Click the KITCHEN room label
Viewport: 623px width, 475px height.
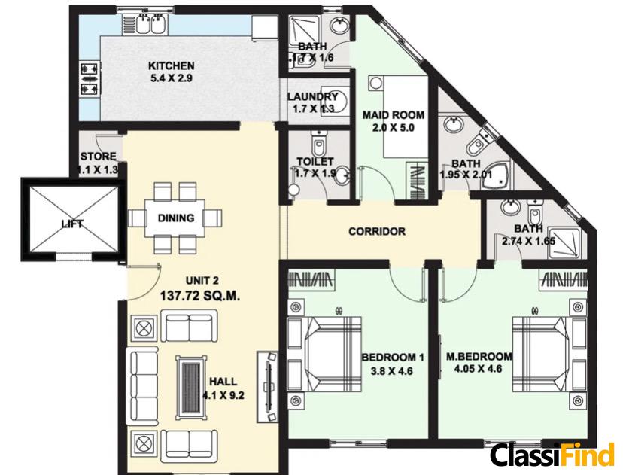[x=172, y=65]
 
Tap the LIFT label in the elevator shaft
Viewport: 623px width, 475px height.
[x=72, y=224]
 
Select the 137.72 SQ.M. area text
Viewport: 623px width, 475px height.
[x=200, y=296]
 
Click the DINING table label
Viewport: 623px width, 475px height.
[x=176, y=218]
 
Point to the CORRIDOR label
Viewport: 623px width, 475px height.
[x=377, y=231]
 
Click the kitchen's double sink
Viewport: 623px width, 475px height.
[x=150, y=24]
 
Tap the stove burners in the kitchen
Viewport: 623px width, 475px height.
[x=90, y=79]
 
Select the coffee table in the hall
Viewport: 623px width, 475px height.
[x=192, y=387]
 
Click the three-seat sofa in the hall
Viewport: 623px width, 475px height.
[x=143, y=386]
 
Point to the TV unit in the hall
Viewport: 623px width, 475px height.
[x=267, y=387]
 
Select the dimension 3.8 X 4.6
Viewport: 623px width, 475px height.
[x=392, y=371]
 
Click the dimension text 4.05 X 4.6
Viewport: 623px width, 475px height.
[x=478, y=368]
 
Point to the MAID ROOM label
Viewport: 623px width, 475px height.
[x=394, y=115]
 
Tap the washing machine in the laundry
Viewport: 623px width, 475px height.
[x=334, y=101]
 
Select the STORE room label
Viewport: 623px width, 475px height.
[x=99, y=157]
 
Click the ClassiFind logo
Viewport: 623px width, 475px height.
[x=552, y=455]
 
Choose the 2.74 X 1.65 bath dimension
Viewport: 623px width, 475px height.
[x=528, y=242]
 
